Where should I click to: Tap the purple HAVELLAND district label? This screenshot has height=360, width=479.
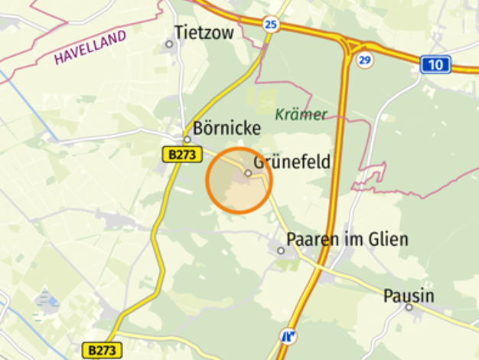click(x=90, y=47)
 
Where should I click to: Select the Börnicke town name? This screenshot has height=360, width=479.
click(x=227, y=127)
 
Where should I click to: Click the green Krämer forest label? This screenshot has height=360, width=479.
click(x=301, y=114)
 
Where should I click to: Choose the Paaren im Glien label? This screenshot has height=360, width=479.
click(x=347, y=239)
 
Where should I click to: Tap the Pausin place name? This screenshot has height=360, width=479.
click(x=409, y=296)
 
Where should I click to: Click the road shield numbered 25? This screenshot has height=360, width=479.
click(x=270, y=25)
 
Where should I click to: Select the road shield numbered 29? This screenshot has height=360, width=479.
click(x=365, y=60)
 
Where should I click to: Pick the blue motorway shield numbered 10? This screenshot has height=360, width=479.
click(x=435, y=65)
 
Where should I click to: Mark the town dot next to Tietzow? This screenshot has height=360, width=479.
click(x=169, y=44)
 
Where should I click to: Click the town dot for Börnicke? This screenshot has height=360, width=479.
click(x=187, y=139)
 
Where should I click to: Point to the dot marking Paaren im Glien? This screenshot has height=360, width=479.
click(x=281, y=250)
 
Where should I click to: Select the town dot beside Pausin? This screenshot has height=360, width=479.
click(x=409, y=308)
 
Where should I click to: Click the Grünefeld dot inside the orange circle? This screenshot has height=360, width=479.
click(x=248, y=173)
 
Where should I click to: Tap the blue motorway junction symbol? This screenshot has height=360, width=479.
click(x=289, y=335)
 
